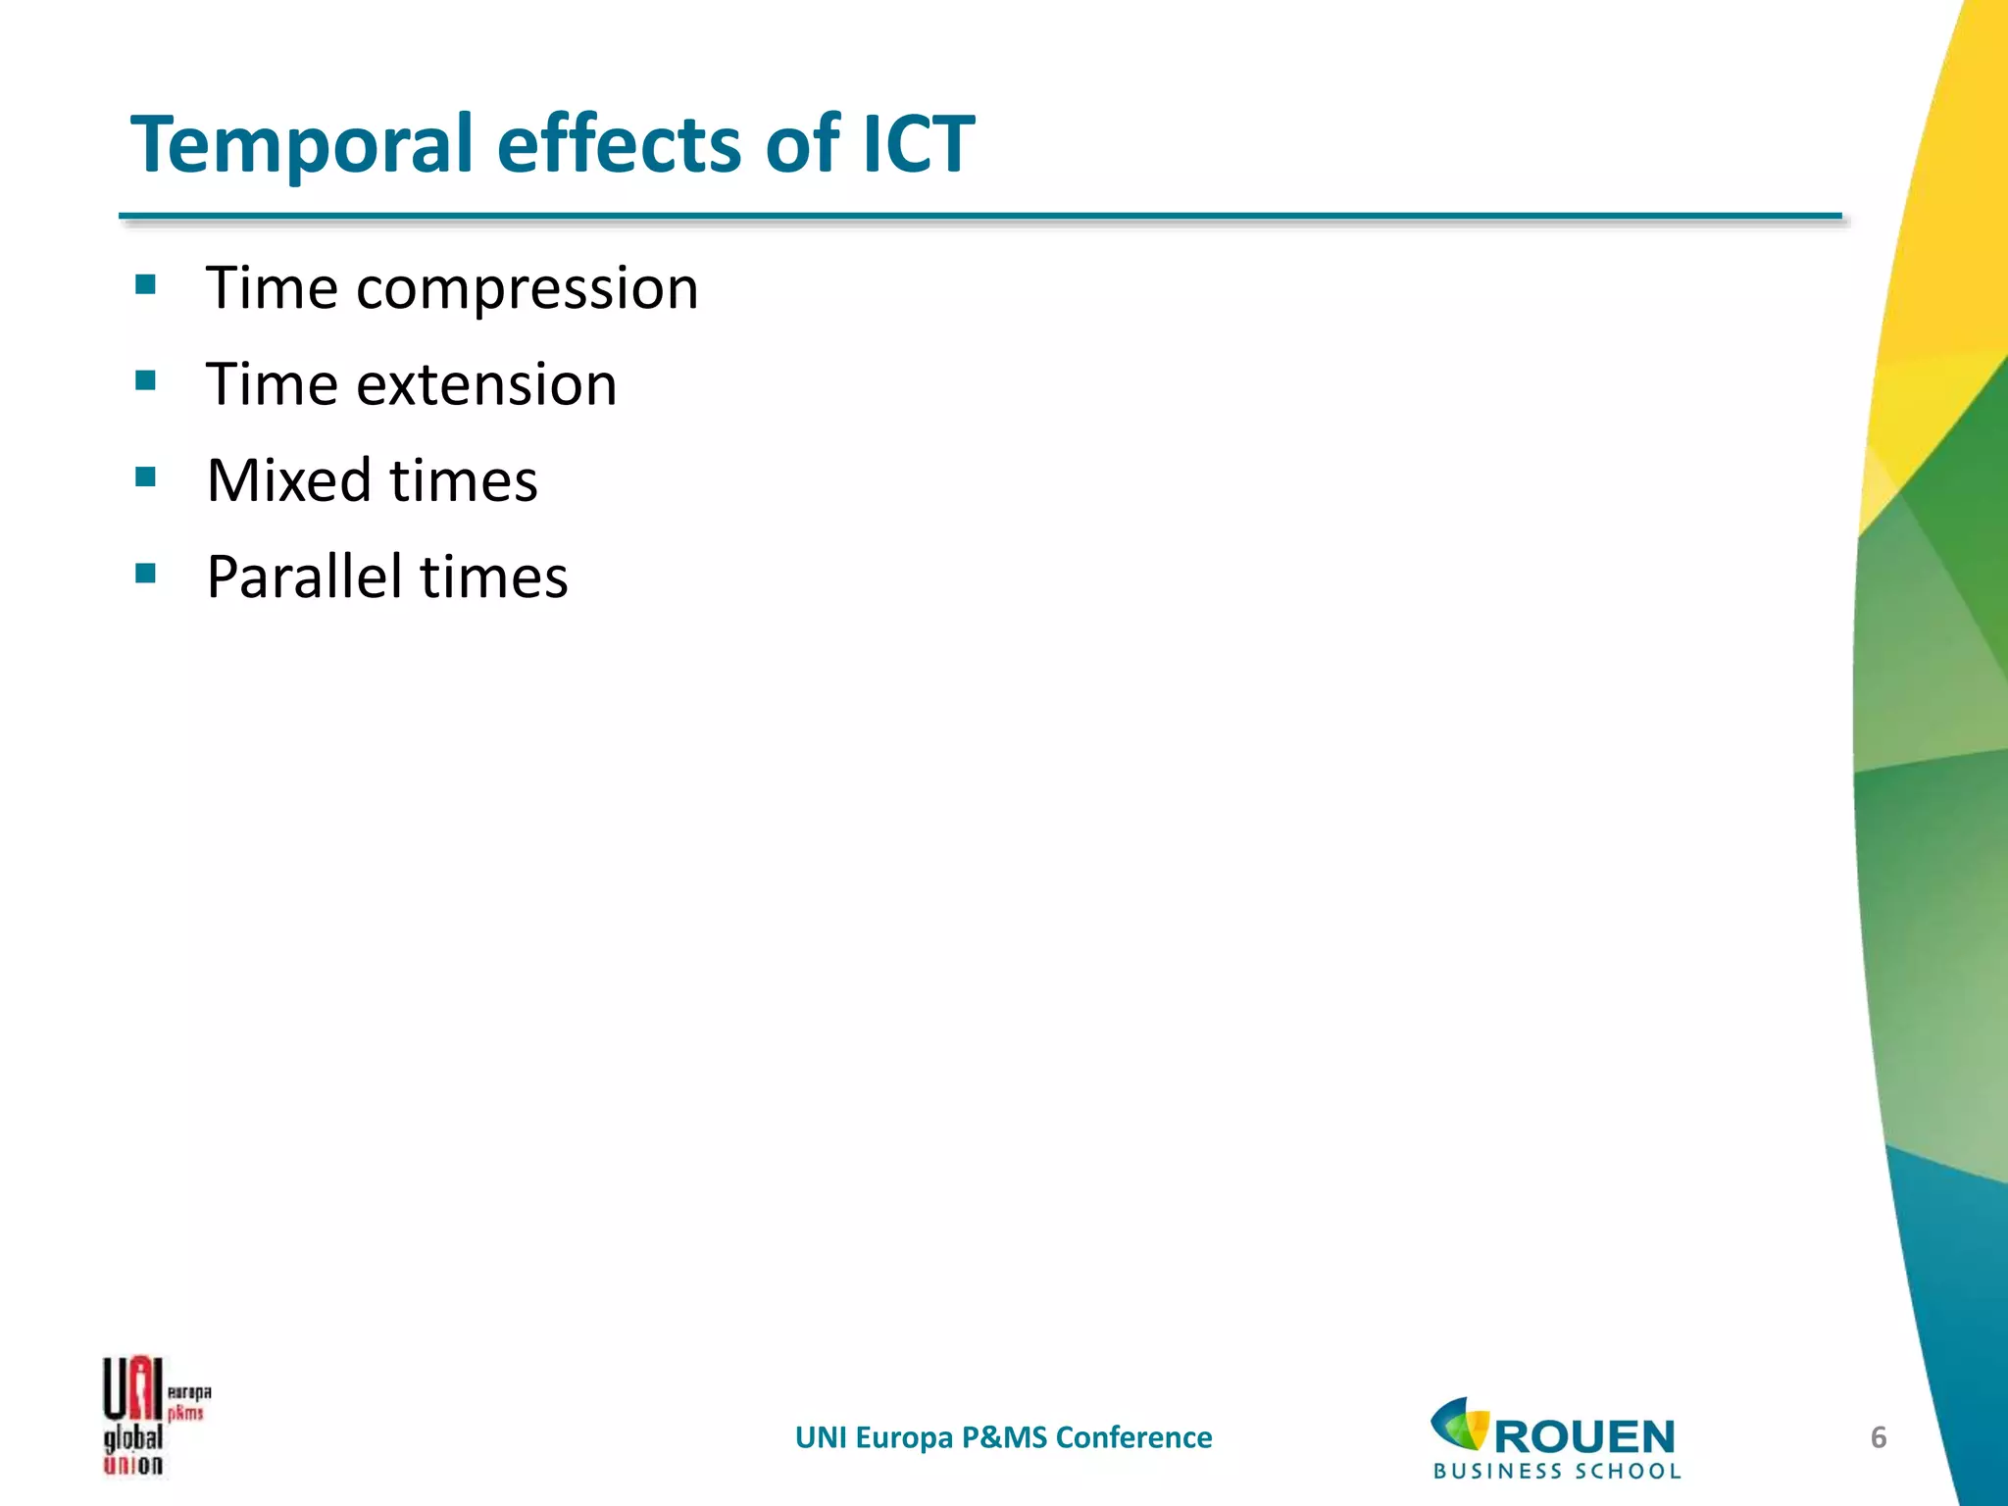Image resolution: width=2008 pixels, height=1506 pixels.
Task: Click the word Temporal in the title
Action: tap(303, 145)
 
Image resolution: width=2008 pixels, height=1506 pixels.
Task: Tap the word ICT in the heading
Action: tap(919, 145)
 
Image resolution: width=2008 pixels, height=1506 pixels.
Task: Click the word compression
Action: tap(527, 289)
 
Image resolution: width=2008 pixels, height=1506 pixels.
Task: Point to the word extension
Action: tap(486, 384)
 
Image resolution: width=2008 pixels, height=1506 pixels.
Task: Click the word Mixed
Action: tap(289, 480)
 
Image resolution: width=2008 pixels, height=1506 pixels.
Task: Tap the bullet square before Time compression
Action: tap(146, 285)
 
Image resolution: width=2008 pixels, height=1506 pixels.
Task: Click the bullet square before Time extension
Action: tap(146, 380)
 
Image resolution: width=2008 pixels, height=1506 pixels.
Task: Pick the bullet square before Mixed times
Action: tap(146, 477)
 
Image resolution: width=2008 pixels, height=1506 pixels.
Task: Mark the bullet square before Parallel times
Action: tap(146, 573)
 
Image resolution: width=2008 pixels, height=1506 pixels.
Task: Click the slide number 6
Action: tap(1879, 1437)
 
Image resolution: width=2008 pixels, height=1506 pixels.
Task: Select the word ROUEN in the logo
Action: tap(1584, 1437)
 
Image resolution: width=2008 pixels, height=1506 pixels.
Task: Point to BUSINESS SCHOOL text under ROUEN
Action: tap(1557, 1471)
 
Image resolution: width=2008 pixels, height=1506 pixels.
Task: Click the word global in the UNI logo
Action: tap(133, 1438)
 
